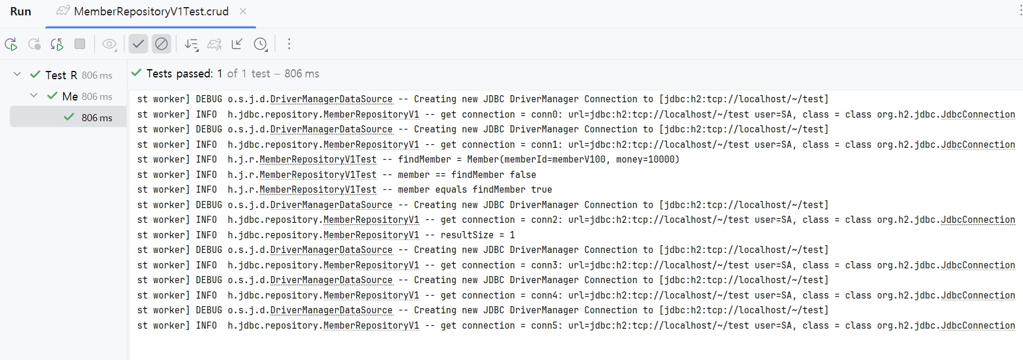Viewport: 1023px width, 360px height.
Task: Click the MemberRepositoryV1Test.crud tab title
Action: tap(151, 12)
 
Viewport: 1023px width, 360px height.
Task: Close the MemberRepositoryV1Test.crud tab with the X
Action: tap(243, 11)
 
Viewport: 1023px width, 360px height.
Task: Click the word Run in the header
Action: tap(21, 12)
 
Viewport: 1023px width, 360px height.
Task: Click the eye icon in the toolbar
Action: tap(109, 44)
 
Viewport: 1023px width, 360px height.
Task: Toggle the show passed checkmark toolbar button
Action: tap(138, 44)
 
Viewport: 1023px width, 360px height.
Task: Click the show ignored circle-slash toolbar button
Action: tap(161, 44)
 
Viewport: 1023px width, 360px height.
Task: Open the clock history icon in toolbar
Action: tap(260, 44)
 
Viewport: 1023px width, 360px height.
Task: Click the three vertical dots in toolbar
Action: tap(289, 44)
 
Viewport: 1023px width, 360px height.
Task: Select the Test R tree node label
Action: tap(61, 75)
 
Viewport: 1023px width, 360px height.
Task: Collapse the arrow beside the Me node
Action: tap(34, 96)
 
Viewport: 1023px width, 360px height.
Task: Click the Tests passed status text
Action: tap(180, 74)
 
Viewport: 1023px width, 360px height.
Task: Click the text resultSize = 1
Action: tap(477, 235)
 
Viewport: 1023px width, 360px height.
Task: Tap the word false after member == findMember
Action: tap(523, 175)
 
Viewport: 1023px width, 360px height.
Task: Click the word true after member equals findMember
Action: tap(541, 190)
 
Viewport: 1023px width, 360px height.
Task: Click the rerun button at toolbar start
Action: tap(11, 44)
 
